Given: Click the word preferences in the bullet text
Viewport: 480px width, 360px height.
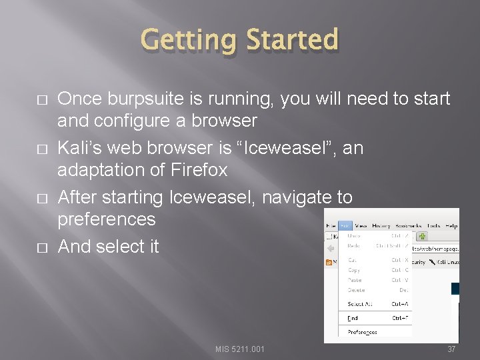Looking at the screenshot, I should [106, 219].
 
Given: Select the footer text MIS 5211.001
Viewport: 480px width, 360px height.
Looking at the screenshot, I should [240, 349].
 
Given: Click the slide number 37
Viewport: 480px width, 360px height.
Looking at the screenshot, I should [451, 349].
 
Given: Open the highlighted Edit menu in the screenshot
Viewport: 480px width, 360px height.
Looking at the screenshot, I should [345, 226].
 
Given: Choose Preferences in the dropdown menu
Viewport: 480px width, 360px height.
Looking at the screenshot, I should [362, 331].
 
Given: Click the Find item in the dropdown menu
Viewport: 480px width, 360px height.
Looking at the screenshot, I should [353, 318].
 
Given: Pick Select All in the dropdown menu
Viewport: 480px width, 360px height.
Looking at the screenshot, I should [359, 304].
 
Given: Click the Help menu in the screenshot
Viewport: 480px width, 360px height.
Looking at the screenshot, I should [451, 226].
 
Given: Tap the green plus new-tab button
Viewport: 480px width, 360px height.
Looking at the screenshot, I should [422, 235].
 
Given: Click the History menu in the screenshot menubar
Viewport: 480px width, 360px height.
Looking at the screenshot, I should [381, 226].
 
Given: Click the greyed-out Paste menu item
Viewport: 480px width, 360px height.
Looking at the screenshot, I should [354, 280].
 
